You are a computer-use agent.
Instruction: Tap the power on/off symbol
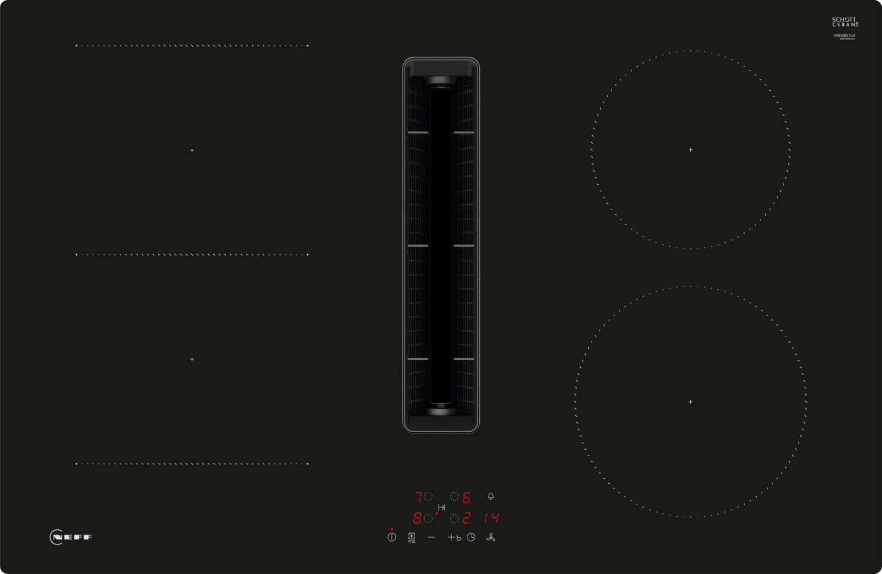391,537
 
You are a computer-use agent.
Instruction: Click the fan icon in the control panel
491,537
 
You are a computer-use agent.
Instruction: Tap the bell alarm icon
491,496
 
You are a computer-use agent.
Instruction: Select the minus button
432,537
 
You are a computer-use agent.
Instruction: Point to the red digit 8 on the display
417,518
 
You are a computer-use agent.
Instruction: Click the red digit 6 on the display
466,498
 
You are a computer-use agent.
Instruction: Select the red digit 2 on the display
466,518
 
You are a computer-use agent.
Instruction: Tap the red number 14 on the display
491,518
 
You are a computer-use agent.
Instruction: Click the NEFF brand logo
71,537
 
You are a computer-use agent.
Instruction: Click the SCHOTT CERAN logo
845,22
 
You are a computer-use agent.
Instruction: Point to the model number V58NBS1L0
843,35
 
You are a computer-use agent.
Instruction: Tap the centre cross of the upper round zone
690,150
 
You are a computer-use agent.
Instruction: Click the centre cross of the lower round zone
690,402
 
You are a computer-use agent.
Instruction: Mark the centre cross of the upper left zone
192,150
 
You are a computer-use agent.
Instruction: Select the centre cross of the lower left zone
192,359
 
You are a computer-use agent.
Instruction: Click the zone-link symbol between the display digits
441,507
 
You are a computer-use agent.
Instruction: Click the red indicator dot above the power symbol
391,529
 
